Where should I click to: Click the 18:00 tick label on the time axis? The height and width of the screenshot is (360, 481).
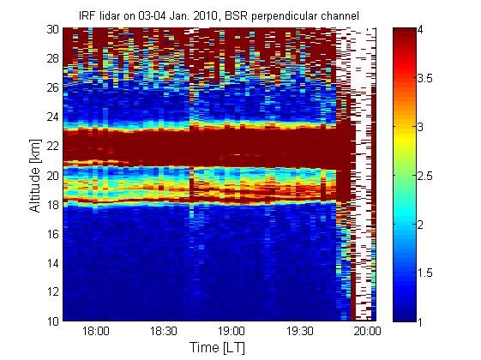(x=96, y=332)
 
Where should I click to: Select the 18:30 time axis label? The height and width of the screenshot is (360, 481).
(x=164, y=332)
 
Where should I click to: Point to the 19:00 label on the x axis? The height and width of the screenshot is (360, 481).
(x=231, y=332)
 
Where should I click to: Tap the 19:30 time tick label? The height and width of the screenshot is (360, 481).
(x=300, y=332)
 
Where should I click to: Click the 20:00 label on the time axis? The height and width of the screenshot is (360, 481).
(x=367, y=332)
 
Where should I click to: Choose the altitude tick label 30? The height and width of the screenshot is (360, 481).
(x=53, y=29)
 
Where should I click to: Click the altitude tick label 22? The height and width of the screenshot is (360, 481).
(x=53, y=146)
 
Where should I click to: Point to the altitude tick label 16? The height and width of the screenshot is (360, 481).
(x=53, y=234)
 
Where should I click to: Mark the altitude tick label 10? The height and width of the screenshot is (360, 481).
(x=53, y=321)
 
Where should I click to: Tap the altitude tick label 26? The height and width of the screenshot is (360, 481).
(x=53, y=87)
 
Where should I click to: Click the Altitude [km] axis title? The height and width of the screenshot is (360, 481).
(x=35, y=176)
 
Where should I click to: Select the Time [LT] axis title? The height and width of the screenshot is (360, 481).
(x=218, y=348)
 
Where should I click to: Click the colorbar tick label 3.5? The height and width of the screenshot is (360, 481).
(x=425, y=79)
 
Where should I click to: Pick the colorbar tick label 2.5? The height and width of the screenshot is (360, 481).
(x=425, y=176)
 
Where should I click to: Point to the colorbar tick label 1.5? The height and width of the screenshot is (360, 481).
(x=425, y=273)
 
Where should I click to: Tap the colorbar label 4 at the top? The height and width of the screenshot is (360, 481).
(x=420, y=30)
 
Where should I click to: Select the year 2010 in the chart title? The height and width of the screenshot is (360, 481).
(x=203, y=15)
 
